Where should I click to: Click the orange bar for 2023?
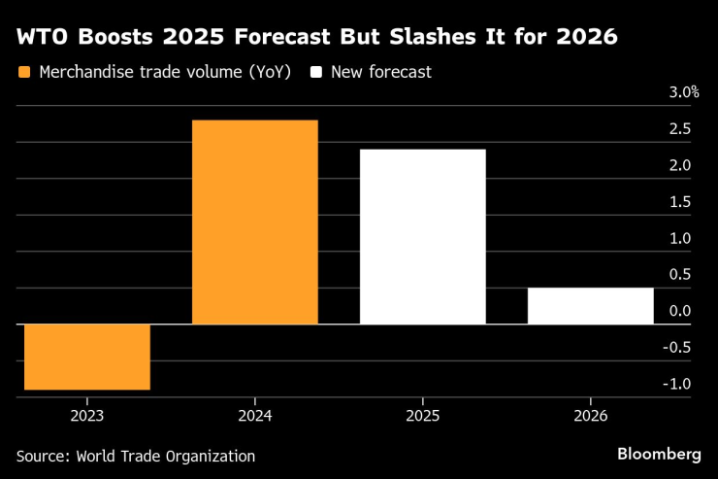pos(87,357)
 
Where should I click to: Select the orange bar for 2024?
pos(255,222)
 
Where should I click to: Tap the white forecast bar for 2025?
pos(422,237)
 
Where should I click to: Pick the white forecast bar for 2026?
pos(590,306)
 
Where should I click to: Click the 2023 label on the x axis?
pos(87,415)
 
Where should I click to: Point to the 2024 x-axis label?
pos(255,415)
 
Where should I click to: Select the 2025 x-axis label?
pos(422,415)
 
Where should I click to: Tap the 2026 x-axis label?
pos(590,415)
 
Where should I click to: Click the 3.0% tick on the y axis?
pos(683,93)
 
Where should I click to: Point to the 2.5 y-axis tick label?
pos(679,129)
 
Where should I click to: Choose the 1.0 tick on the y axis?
pos(679,238)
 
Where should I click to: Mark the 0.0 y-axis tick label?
pos(679,311)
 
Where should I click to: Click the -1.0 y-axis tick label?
pos(677,384)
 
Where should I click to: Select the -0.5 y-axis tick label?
pos(677,348)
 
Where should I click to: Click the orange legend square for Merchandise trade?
pos(24,73)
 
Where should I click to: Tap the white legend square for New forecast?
pos(316,73)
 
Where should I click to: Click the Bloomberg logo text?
pos(659,455)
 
